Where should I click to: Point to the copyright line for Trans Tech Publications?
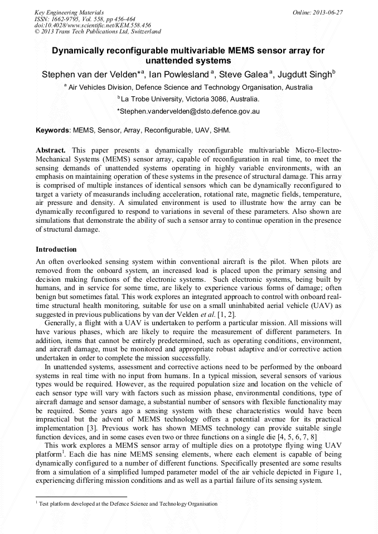coord(98,32)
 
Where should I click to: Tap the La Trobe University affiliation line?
coord(188,99)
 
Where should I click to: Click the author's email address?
coord(188,111)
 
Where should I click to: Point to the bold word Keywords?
coord(52,130)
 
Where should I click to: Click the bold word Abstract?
coord(51,150)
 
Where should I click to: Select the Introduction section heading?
coord(56,249)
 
